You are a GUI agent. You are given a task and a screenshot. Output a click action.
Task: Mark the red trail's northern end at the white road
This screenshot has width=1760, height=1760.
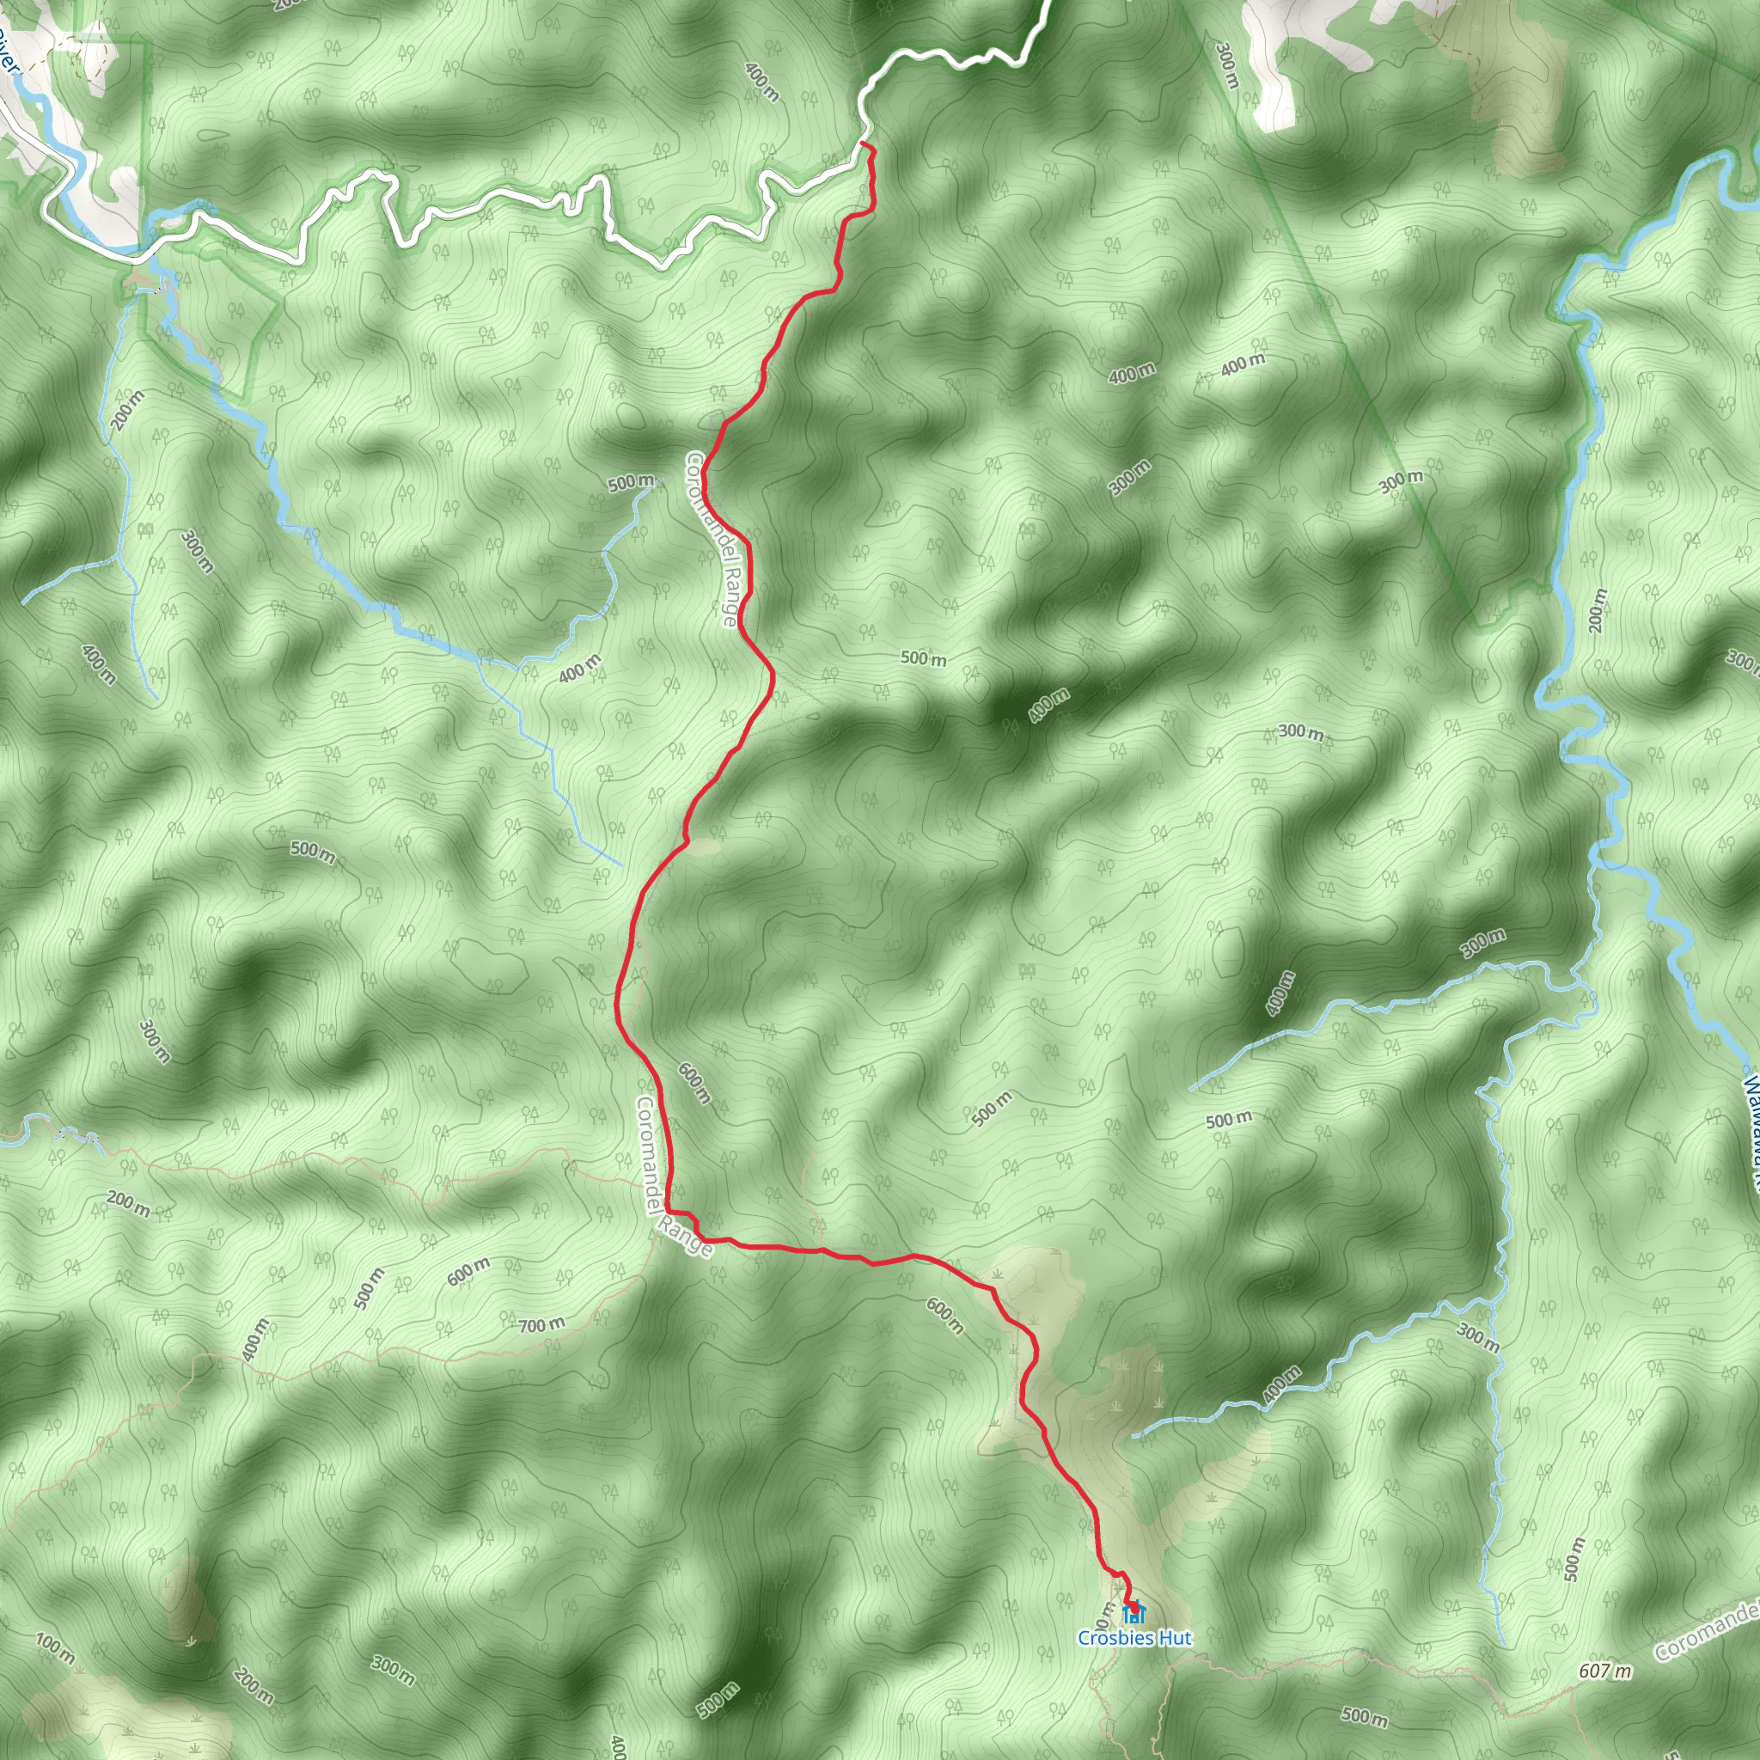(x=862, y=144)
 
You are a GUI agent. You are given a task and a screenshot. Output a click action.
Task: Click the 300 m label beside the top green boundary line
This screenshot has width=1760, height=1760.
(x=1226, y=64)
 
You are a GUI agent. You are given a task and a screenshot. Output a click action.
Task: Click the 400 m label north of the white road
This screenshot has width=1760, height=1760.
(x=761, y=81)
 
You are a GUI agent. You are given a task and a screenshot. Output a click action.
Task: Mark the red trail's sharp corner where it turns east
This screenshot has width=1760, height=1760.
(x=669, y=1212)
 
